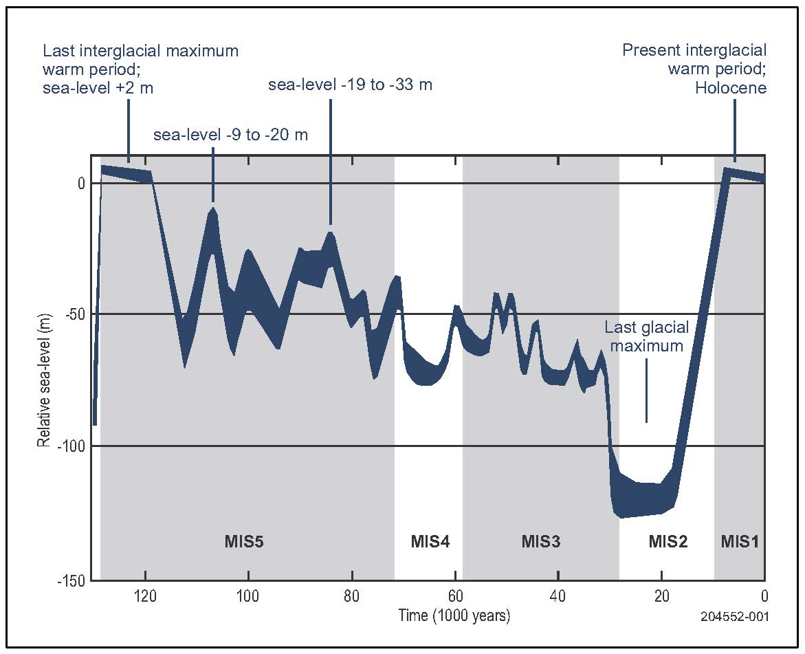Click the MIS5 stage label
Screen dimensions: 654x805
[x=244, y=541]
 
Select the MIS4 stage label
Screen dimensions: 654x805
[x=430, y=541]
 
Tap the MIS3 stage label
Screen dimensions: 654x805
[x=540, y=541]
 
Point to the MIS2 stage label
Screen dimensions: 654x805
[x=668, y=541]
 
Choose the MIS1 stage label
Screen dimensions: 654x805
[x=740, y=541]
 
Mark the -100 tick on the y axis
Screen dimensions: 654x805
[x=71, y=446]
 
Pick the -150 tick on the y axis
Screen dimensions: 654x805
[x=71, y=582]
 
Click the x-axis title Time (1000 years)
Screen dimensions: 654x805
[x=454, y=615]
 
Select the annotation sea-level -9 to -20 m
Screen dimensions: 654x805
[x=230, y=135]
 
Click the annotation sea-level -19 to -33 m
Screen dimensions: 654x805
[x=350, y=85]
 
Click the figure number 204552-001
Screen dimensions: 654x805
[x=734, y=618]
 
